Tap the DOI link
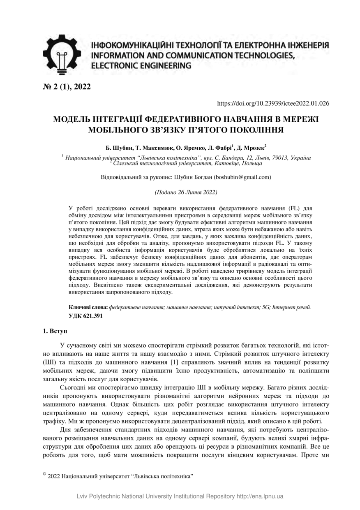coord(272,103)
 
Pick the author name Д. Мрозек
coord(252,147)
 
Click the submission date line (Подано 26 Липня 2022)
coord(186,192)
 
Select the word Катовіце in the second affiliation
coord(226,163)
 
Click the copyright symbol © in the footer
coord(44,474)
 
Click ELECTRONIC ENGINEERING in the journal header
coord(141,65)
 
